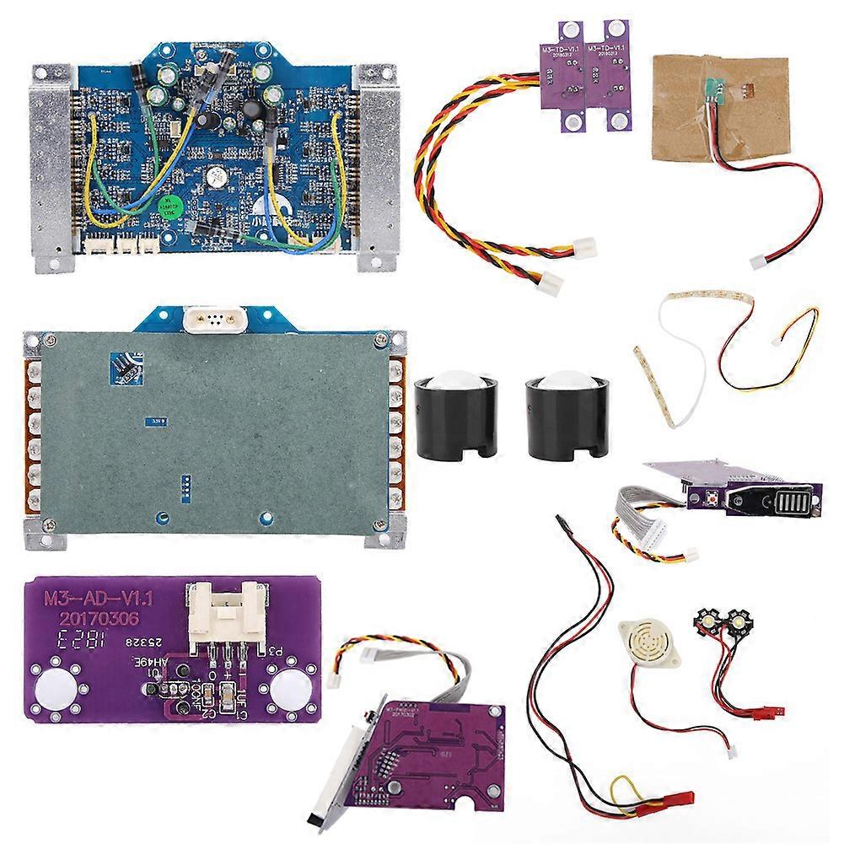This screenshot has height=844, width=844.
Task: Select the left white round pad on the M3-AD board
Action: tap(56, 685)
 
